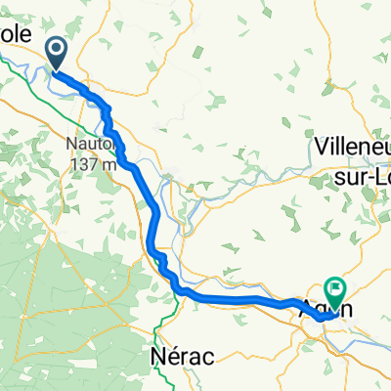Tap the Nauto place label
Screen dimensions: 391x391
click(94, 145)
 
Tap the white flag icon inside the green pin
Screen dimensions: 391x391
click(337, 288)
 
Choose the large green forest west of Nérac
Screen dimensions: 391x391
click(59, 293)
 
